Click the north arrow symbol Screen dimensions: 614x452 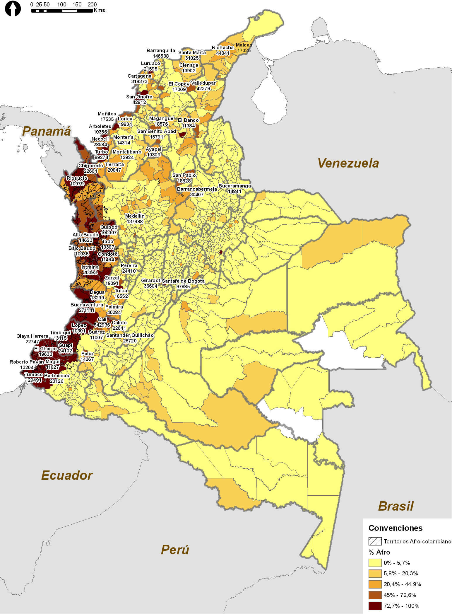(13, 9)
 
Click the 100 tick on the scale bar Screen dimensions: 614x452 (62, 5)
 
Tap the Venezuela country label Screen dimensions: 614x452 (348, 163)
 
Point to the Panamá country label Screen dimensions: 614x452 (47, 131)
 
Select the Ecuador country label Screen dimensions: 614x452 (67, 475)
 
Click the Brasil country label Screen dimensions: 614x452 (396, 506)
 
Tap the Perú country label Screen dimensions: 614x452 (175, 550)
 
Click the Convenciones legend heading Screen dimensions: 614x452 (395, 528)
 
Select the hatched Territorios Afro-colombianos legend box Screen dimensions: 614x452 (375, 541)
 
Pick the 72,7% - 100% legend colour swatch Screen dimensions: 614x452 (375, 606)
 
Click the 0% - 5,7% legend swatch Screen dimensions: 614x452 (375, 563)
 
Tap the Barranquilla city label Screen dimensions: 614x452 (161, 50)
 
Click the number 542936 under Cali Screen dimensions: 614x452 (102, 325)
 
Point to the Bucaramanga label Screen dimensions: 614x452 (234, 186)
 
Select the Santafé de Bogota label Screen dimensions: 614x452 (183, 281)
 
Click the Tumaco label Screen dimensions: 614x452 (33, 374)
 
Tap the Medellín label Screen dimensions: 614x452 (135, 216)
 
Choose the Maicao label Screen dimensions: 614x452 (244, 45)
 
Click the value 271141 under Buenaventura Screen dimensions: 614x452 (86, 310)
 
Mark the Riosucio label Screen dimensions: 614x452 (77, 178)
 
